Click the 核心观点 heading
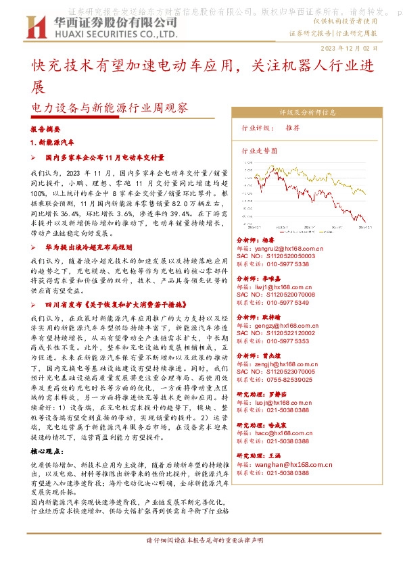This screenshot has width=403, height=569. pyautogui.click(x=50, y=450)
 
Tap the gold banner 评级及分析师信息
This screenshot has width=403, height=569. pyautogui.click(x=307, y=113)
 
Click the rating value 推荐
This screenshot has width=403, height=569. pyautogui.click(x=293, y=128)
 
